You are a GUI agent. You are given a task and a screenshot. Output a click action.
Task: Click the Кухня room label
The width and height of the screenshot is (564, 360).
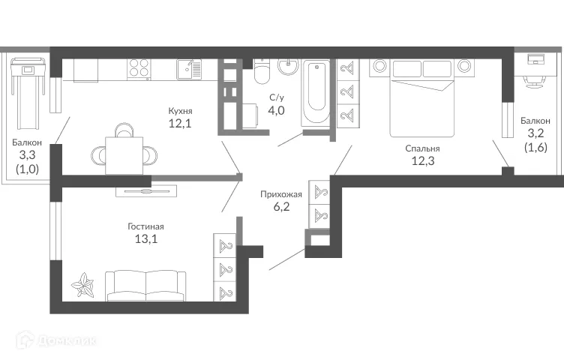click(x=180, y=110)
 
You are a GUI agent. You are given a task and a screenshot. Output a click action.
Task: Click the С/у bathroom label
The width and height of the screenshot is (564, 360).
click(x=277, y=97)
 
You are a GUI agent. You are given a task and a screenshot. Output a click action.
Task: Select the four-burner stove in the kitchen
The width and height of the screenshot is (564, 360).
click(x=140, y=69)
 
